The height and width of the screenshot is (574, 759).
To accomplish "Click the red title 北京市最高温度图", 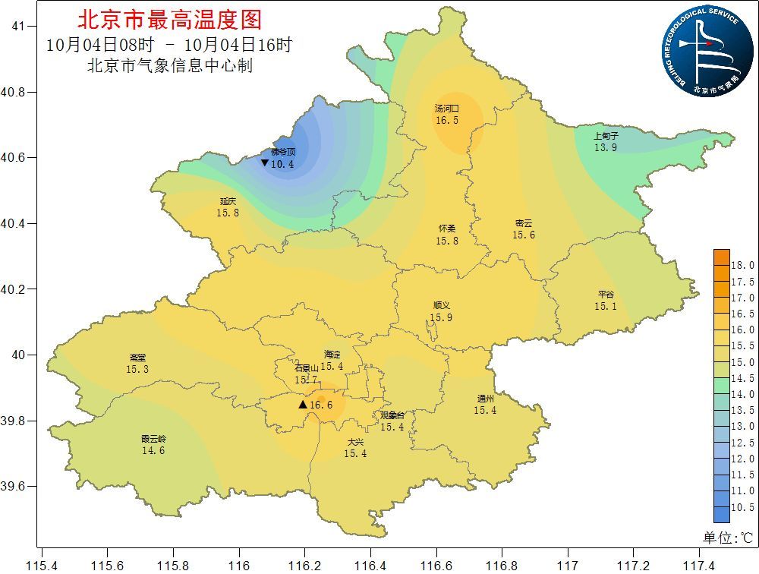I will [169, 19].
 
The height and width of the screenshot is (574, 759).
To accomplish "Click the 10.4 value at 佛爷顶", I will [282, 164].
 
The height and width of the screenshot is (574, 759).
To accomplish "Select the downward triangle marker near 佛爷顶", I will [264, 163].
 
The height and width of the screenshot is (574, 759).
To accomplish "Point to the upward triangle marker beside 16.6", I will [303, 405].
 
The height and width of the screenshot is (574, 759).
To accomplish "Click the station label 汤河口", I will [447, 109].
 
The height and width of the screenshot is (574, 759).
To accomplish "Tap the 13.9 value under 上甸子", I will [605, 147].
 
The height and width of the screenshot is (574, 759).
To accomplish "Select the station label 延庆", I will [228, 201].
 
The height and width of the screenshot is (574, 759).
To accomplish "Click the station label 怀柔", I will [447, 229].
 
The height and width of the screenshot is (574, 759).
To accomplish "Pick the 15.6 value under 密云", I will [523, 235].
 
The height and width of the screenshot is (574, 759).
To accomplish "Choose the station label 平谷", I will [606, 295].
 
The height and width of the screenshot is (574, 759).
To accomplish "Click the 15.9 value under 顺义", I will [441, 317].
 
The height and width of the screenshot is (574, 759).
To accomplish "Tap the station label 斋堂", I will [137, 358].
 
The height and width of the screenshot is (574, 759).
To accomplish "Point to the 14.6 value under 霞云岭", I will [153, 450].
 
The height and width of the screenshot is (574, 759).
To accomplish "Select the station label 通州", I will [485, 399].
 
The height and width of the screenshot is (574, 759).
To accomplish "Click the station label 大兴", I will [355, 442].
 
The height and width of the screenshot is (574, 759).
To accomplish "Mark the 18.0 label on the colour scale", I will [742, 266].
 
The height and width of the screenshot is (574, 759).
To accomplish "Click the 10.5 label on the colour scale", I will [742, 507].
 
